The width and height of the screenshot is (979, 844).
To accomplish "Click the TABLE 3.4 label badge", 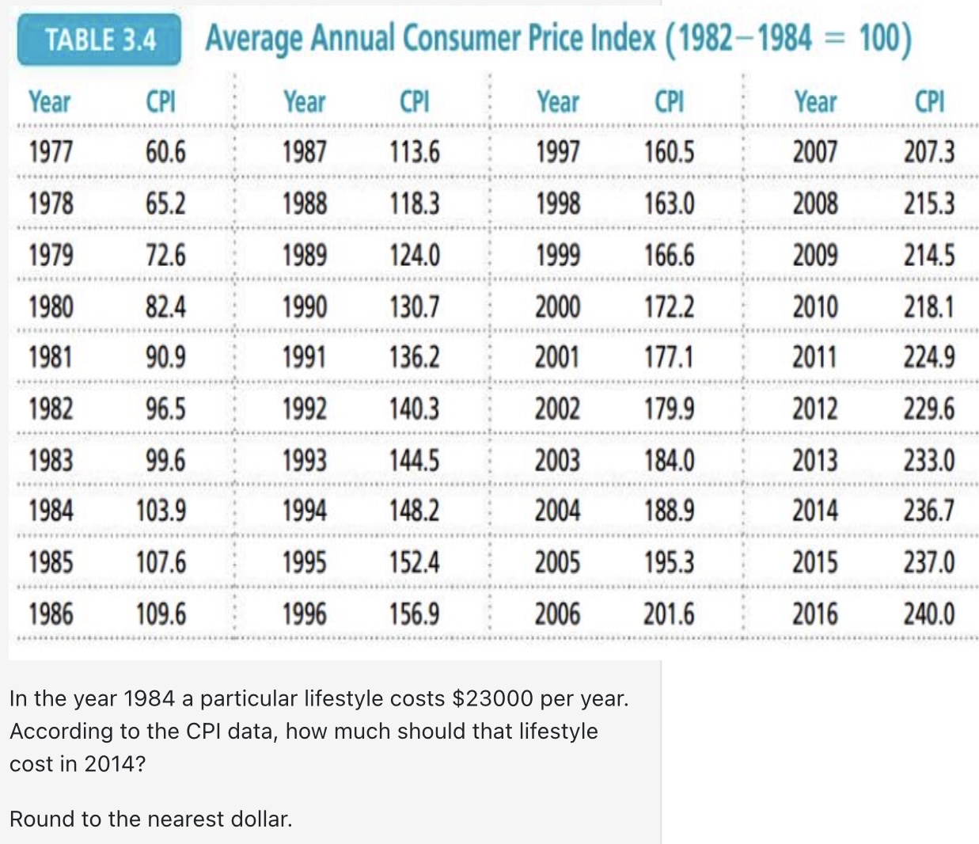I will pos(100,39).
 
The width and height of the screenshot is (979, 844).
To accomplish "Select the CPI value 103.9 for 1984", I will pos(161,511).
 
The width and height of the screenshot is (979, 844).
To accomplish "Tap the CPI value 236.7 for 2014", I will pos(929,511).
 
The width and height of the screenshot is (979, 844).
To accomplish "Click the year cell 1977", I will pos(51,151).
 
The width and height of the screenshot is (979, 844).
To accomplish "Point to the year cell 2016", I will pos(815,614).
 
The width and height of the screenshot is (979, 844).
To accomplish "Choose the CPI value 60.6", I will pos(165,151).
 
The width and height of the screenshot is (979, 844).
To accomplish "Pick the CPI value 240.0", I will pos(929,614).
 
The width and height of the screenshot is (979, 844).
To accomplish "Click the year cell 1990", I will pos(305,306).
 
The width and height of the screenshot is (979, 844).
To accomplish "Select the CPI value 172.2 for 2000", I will pos(669,306).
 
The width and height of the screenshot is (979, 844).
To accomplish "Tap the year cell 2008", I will pos(815,203).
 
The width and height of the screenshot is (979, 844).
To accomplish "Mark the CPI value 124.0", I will pos(415,255).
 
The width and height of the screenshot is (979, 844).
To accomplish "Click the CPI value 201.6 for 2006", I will pos(669,614).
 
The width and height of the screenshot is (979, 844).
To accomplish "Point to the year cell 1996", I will pos(305,614).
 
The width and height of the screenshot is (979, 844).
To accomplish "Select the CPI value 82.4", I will pos(165,306).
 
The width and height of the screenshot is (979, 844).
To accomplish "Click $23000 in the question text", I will pos(492,698).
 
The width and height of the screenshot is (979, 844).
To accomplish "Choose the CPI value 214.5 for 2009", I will pos(929,255).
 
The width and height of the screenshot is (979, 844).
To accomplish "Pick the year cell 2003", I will pos(557,460).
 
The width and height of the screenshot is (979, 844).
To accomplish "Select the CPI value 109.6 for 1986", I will pos(161,614).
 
